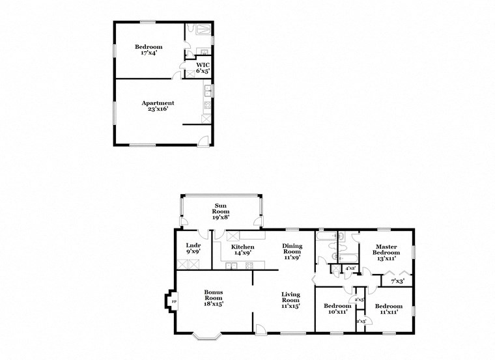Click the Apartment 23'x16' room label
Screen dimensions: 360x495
(x=158, y=106)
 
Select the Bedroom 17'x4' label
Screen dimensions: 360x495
(x=148, y=49)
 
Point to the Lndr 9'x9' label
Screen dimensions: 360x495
(x=193, y=249)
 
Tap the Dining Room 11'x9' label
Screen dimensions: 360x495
(x=291, y=251)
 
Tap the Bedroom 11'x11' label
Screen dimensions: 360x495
(x=388, y=308)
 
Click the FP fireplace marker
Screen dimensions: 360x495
(x=173, y=301)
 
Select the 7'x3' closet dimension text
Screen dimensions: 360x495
(x=397, y=281)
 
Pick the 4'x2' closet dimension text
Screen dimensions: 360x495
(x=350, y=268)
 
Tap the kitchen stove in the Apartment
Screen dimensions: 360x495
(x=208, y=107)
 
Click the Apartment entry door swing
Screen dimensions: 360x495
(x=205, y=140)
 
